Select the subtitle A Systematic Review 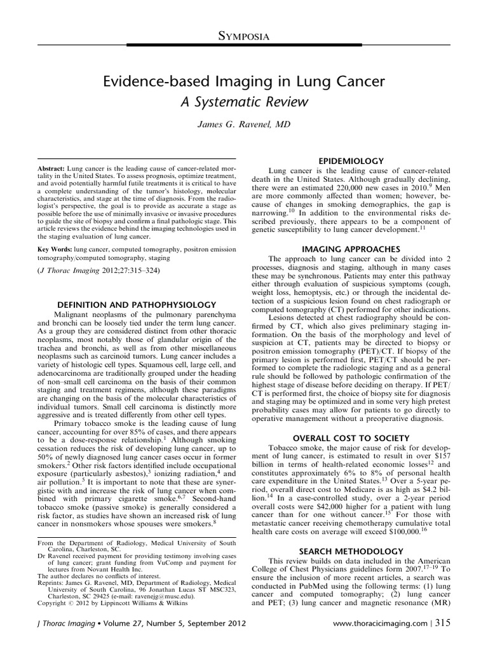tap(244, 102)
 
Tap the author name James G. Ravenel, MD tap(244, 126)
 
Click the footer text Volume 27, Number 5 tap(126, 638)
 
